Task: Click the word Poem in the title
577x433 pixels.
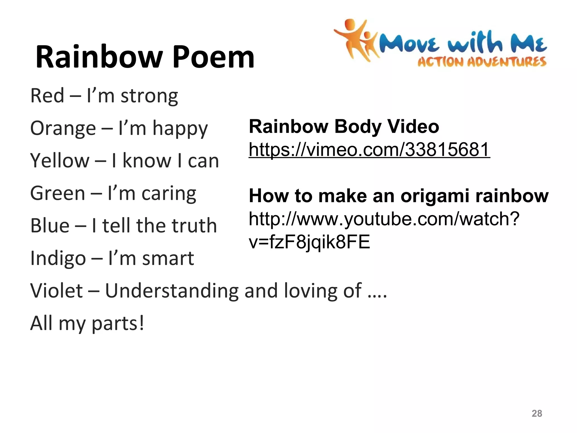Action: coord(213,58)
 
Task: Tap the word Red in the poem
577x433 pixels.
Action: coord(47,96)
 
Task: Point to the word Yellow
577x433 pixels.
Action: coord(60,161)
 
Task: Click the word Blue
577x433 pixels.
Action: coord(50,226)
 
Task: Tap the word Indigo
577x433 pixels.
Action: coord(58,259)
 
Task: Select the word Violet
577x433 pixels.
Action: coord(56,291)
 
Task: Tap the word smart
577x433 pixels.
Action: coord(168,259)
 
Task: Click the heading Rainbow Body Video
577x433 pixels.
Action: coord(344,126)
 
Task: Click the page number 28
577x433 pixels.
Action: coord(537,413)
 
